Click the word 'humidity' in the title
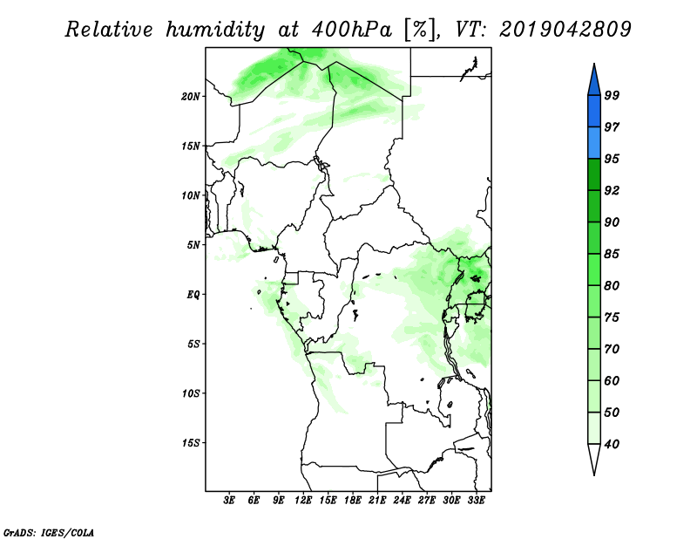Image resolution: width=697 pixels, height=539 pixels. [215, 31]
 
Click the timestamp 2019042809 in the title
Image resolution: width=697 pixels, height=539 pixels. [565, 30]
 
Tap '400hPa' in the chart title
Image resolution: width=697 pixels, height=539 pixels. [352, 30]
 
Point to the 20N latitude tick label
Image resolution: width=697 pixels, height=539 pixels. [191, 97]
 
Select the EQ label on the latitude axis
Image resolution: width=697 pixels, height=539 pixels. [193, 295]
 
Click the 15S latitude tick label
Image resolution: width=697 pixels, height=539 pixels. [191, 443]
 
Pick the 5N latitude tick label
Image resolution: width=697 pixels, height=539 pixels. [193, 245]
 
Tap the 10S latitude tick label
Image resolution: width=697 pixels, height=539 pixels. [191, 393]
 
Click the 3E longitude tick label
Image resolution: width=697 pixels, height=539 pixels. [229, 501]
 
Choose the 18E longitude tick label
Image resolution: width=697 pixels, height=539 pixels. [353, 501]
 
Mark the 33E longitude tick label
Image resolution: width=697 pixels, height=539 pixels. [476, 501]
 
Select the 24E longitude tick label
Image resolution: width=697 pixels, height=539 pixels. [402, 501]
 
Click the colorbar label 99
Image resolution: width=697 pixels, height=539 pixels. [612, 95]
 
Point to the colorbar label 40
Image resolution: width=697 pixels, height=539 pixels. [612, 444]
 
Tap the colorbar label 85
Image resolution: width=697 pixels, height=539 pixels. [612, 254]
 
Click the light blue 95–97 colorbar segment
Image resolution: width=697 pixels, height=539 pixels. [594, 143]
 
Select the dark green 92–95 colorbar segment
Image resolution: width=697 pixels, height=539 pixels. [594, 174]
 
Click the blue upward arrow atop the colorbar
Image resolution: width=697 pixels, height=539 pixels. [594, 82]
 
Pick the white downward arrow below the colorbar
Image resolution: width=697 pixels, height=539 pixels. [594, 458]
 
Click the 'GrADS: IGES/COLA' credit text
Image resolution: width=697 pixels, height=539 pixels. [49, 533]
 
